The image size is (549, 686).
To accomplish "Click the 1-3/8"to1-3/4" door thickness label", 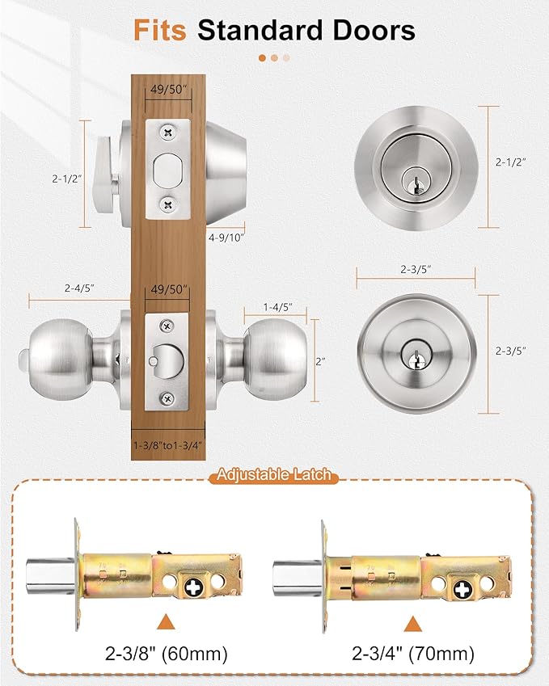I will click(x=167, y=444).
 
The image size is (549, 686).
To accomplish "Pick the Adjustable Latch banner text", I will click(x=274, y=475).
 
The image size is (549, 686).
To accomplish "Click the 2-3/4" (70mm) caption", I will click(x=413, y=653).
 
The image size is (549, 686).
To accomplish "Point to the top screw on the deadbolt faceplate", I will click(x=167, y=130).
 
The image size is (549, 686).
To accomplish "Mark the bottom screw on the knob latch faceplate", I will click(x=167, y=396).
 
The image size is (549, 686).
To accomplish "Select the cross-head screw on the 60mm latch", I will click(x=194, y=583).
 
